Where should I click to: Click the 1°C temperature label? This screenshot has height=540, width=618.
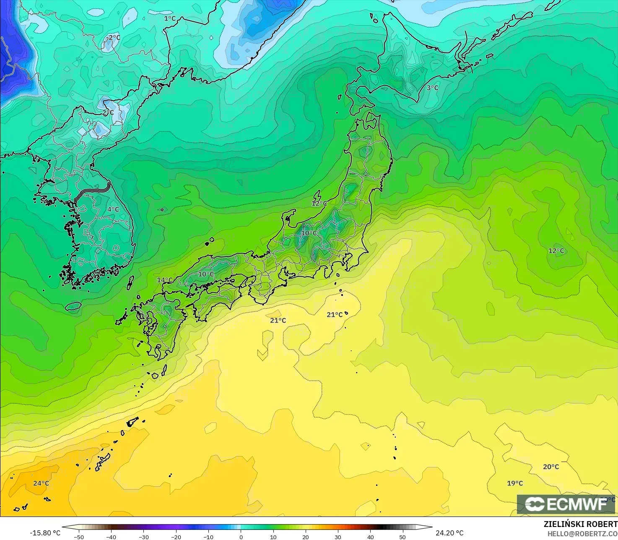pos(170,18)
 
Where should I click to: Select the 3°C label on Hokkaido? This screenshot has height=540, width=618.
pos(432,88)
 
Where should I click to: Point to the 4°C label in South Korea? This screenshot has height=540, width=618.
pos(113,209)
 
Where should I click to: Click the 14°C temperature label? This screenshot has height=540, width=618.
pos(164,280)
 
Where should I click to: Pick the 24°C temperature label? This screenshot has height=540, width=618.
pos(41,483)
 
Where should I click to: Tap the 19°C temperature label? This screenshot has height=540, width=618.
pos(515,483)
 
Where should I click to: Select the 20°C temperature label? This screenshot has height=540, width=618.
pos(551,467)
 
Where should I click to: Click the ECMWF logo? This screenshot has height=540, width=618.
pos(566,504)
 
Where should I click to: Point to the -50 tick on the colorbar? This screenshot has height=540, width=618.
pos(78,537)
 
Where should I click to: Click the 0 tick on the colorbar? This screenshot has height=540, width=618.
pos(241,537)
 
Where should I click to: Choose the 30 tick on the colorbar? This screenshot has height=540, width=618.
pos(338,537)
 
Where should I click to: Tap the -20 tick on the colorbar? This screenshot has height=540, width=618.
pos(176,537)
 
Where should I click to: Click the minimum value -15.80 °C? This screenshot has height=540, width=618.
pos(45,533)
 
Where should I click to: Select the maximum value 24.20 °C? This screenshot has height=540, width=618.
pos(449,533)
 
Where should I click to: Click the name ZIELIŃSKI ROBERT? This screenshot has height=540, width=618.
pos(580,524)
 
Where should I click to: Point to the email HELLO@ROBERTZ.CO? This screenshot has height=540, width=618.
pos(582,533)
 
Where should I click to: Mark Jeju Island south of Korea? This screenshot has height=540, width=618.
pos(73,306)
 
